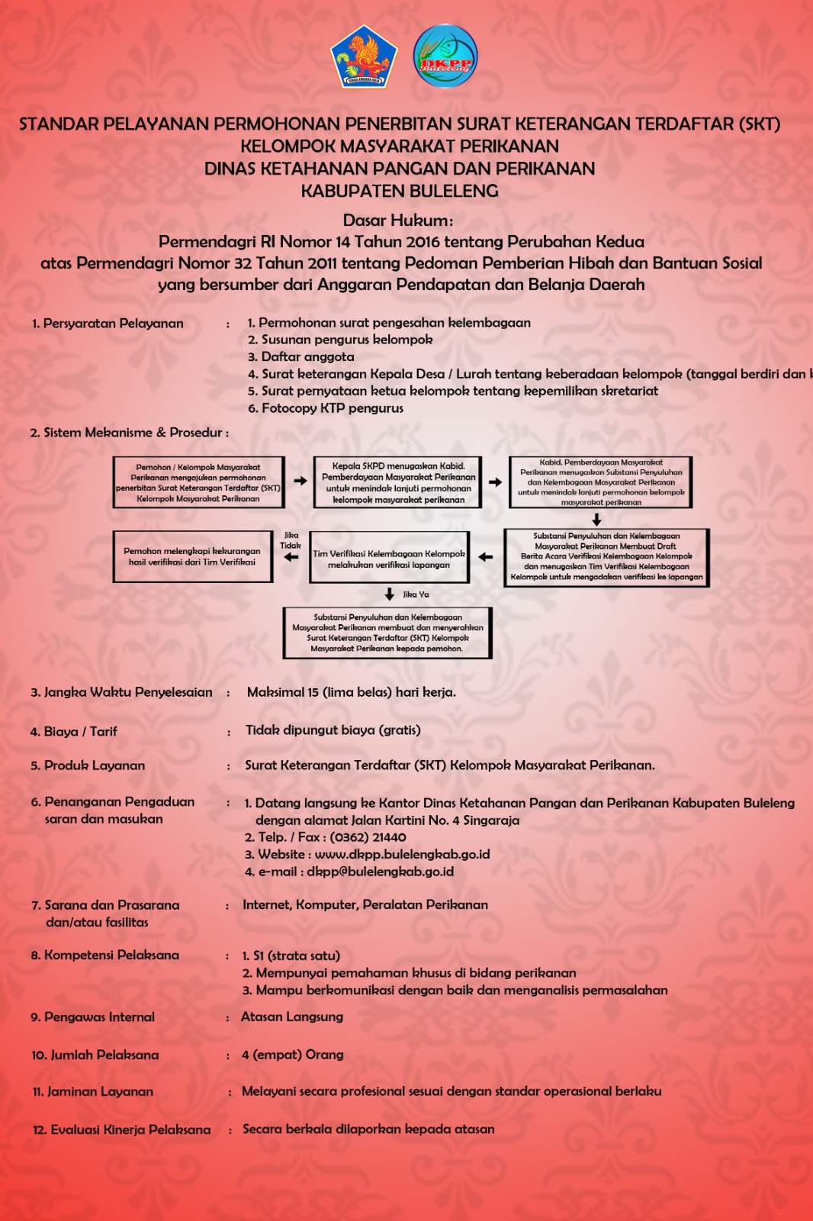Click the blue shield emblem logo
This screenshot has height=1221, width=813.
[x=364, y=57]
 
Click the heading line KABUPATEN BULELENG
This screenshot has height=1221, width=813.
[x=400, y=191]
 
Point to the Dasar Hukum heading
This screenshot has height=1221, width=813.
[x=397, y=221]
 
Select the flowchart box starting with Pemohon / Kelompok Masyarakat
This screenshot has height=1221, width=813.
[x=198, y=482]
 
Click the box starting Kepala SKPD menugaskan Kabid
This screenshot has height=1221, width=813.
[x=397, y=482]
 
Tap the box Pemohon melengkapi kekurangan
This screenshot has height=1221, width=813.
[x=192, y=556]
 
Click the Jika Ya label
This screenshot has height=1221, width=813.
[x=416, y=594]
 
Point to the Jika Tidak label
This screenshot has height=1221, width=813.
[x=291, y=540]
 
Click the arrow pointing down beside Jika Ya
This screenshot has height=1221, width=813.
[x=390, y=594]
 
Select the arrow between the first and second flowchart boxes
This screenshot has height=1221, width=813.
[x=298, y=482]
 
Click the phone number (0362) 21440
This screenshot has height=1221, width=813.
[x=368, y=837]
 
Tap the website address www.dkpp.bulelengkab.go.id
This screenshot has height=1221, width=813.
[x=402, y=855]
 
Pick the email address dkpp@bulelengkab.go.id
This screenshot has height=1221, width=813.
[x=380, y=871]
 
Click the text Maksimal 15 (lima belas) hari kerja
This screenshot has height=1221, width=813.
[x=351, y=693]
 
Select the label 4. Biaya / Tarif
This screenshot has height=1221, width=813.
[x=73, y=732]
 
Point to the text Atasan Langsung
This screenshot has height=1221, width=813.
[x=292, y=1016]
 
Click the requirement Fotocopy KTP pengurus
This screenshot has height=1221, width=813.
[x=332, y=408]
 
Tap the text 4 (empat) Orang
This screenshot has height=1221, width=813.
[x=292, y=1055]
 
